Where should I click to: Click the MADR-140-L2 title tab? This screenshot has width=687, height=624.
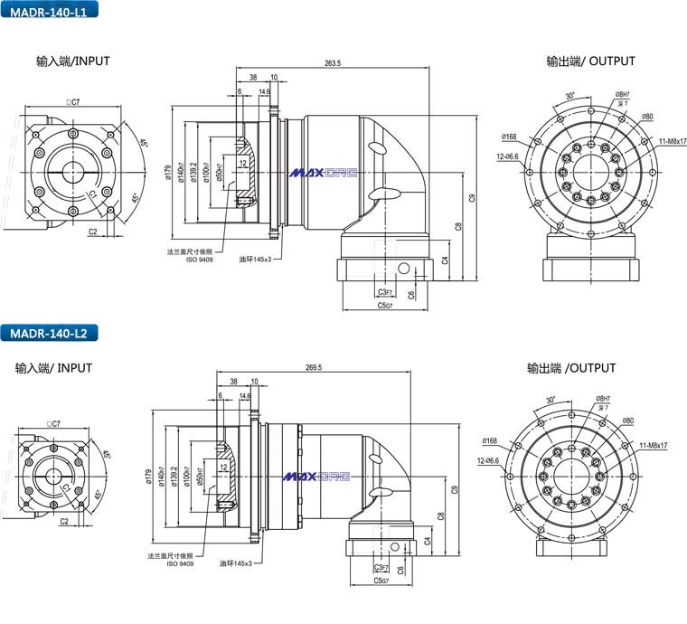[48, 333]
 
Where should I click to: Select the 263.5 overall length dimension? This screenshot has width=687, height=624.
[332, 63]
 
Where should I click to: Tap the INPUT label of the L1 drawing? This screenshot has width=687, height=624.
[73, 61]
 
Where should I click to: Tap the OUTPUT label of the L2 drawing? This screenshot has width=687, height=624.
[571, 368]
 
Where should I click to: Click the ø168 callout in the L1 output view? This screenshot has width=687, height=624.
[508, 137]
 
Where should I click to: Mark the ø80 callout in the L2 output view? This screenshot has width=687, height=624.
[627, 421]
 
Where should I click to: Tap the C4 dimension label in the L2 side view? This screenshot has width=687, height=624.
[427, 540]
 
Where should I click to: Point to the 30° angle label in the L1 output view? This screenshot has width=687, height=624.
[570, 95]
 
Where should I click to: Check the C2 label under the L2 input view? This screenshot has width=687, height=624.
[64, 522]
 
